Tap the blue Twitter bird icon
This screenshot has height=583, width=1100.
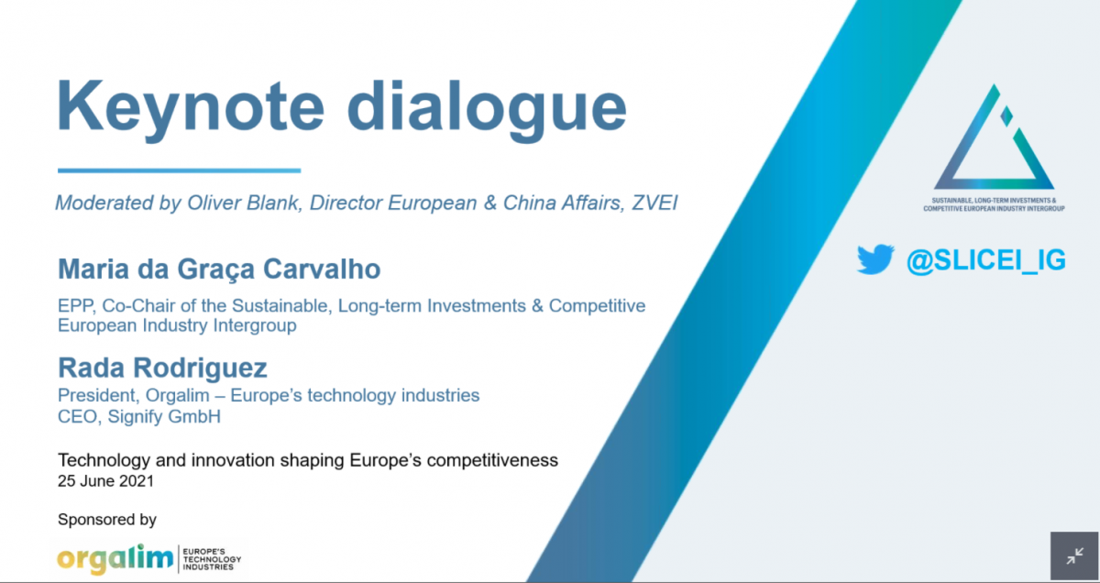point(875,258)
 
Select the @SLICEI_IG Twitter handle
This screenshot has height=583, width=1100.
point(986,259)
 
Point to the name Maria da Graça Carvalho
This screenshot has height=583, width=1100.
point(219,269)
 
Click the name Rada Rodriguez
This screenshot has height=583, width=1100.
point(162,368)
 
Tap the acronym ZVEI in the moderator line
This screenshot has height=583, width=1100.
point(655,203)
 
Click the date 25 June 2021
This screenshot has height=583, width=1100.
point(105,481)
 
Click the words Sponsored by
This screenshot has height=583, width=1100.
point(107,520)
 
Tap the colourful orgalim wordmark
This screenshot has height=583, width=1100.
point(115,559)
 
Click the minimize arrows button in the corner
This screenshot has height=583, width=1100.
point(1074,556)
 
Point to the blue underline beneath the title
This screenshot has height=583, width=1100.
point(180,170)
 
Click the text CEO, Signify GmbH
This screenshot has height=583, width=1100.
point(139,416)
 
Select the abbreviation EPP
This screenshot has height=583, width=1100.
point(77,305)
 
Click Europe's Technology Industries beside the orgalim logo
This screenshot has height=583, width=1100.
point(212,559)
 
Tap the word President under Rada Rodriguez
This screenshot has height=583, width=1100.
point(97,395)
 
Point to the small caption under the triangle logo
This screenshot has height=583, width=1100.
point(994,204)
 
